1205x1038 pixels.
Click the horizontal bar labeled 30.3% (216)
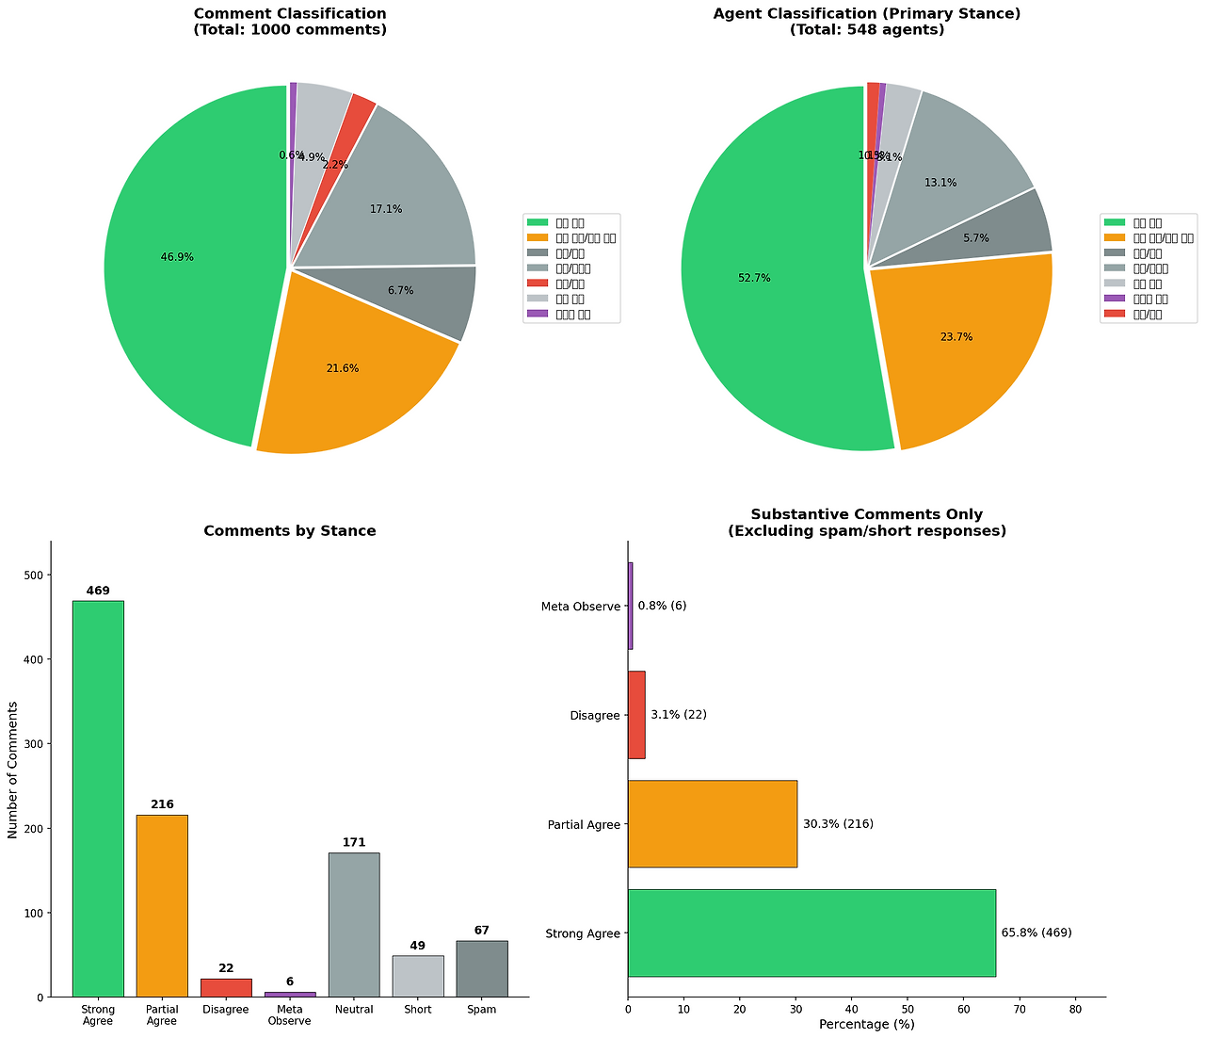pos(712,824)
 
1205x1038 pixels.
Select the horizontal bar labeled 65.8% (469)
pos(811,933)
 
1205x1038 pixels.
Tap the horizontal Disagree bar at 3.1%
pos(636,715)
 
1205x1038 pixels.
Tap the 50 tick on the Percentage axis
pos(908,1008)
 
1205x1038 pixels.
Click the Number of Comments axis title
pos(13,770)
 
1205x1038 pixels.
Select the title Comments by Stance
pos(290,531)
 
